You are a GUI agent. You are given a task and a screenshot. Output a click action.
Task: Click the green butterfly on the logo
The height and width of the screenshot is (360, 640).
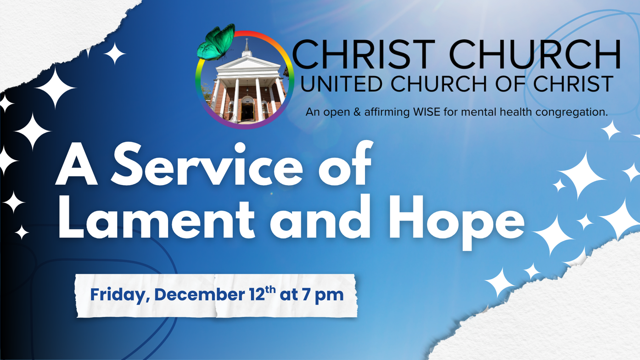(x=216, y=43)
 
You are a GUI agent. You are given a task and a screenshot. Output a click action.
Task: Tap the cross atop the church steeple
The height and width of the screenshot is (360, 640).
(x=247, y=41)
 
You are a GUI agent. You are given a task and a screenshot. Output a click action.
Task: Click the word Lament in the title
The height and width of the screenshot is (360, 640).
(x=156, y=219)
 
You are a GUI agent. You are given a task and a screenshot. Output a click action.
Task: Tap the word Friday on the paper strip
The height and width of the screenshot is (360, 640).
(x=120, y=295)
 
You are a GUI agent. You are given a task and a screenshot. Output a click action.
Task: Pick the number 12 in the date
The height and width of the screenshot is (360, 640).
(x=257, y=295)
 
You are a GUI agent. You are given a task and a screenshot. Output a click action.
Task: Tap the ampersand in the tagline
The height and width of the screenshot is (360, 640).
(x=357, y=112)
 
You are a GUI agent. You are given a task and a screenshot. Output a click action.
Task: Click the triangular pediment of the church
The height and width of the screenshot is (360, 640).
(x=248, y=63)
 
